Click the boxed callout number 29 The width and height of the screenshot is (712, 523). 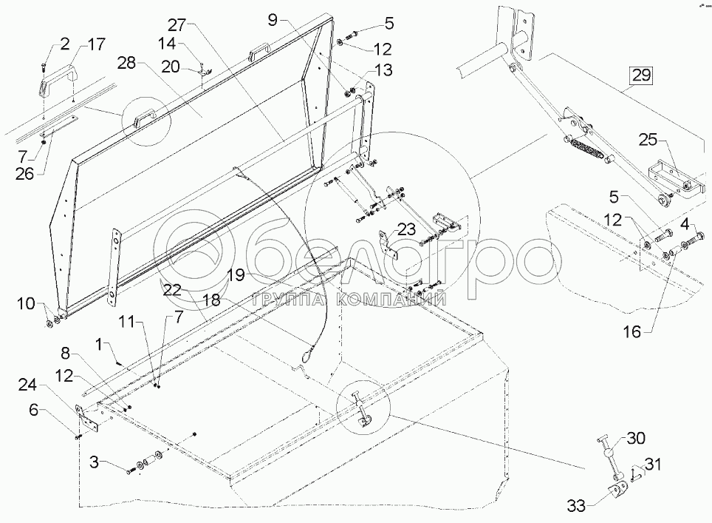(640, 75)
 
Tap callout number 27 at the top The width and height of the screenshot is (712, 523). (178, 21)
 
